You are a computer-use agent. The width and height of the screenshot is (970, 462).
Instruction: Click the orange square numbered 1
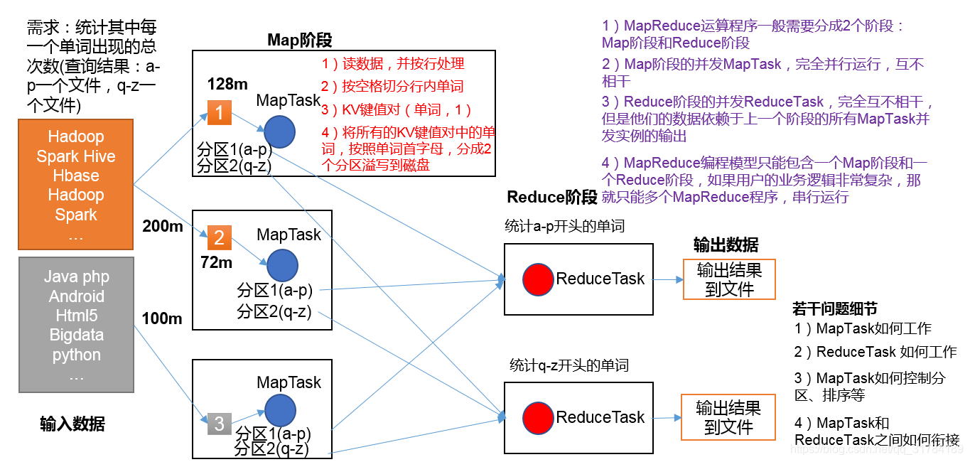click(x=219, y=112)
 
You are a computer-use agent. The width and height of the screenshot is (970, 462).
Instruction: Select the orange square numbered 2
click(x=219, y=237)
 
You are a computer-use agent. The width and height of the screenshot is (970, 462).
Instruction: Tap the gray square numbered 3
click(x=219, y=424)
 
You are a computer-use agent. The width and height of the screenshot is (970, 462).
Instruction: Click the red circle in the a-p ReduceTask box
click(x=538, y=279)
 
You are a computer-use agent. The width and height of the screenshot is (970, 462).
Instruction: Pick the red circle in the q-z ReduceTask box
click(x=538, y=418)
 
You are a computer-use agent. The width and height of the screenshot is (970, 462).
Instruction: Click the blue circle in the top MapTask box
click(x=279, y=132)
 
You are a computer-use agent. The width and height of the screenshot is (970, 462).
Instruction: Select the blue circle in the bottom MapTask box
click(x=280, y=411)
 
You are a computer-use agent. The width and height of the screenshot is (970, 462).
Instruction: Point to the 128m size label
click(x=227, y=84)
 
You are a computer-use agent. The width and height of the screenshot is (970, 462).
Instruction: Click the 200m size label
click(x=163, y=226)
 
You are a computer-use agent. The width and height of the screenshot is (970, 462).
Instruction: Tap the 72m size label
click(x=216, y=262)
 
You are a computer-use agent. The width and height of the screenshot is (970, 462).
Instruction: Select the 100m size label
click(x=162, y=318)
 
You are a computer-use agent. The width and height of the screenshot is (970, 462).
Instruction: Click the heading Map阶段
click(x=299, y=40)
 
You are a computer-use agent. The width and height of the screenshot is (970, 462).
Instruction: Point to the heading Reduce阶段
click(x=552, y=197)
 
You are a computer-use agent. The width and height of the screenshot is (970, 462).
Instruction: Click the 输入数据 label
click(x=72, y=424)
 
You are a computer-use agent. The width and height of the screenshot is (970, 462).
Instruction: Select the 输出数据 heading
click(x=726, y=245)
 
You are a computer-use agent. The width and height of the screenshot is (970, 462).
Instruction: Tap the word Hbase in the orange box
click(x=76, y=176)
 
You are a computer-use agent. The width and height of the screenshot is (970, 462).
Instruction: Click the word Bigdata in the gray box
click(x=77, y=335)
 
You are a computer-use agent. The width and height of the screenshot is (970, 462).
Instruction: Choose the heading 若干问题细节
click(x=834, y=308)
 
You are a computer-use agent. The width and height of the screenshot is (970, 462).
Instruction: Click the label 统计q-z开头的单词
click(x=569, y=365)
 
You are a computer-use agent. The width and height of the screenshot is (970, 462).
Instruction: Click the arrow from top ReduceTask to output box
click(x=668, y=280)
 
